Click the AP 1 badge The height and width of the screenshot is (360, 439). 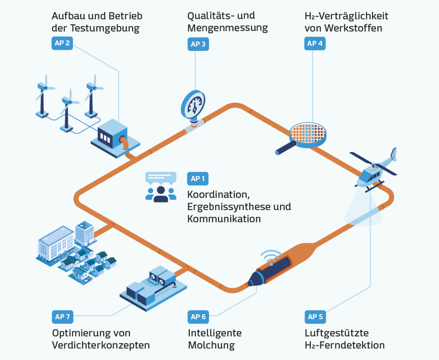[x=198, y=179]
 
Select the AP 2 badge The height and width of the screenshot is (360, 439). [x=62, y=43]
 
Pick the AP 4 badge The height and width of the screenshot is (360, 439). [x=315, y=43]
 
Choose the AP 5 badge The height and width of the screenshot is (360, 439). [x=315, y=317]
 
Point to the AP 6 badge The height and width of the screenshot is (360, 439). [x=198, y=317]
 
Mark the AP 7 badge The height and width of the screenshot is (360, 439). [x=62, y=317]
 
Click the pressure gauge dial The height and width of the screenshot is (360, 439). [x=194, y=104]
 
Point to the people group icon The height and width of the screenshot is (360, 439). [x=161, y=193]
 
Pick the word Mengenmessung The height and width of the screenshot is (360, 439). [x=228, y=28]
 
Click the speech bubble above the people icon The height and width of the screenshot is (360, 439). [x=161, y=177]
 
